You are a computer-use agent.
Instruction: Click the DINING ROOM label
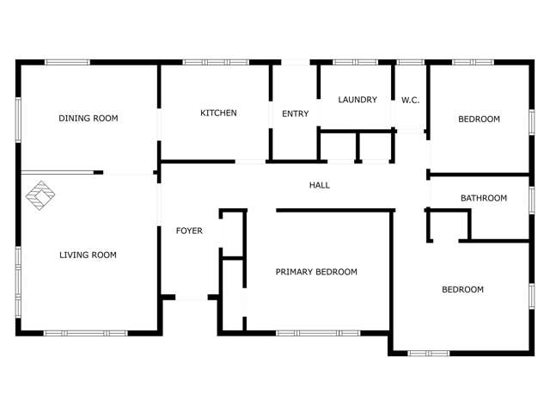88,119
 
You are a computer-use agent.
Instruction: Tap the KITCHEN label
218,114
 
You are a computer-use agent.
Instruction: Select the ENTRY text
295,114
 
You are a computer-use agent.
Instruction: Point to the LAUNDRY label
357,100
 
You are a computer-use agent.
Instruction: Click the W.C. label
410,101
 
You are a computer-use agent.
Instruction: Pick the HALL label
319,185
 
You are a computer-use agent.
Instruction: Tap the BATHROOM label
483,199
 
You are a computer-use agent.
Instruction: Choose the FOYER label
189,231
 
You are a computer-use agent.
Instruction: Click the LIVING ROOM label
88,256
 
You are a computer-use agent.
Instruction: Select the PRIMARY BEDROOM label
315,272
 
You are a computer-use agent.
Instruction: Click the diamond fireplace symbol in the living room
39,196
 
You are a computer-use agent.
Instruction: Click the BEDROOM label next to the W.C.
479,120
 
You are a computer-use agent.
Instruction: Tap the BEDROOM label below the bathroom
462,290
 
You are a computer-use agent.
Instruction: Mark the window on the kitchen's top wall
216,62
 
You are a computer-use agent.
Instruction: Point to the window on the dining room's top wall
67,62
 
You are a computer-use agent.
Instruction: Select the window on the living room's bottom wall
86,333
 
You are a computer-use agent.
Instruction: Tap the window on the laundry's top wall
355,62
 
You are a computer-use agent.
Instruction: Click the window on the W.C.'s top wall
410,62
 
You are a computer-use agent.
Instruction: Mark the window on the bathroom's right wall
531,199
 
